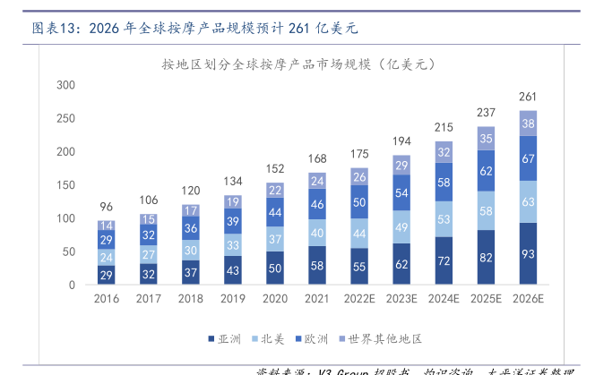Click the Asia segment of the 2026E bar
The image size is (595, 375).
click(528, 254)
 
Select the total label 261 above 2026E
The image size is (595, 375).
click(528, 97)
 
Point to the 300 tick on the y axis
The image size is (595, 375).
click(65, 85)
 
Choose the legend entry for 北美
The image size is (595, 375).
click(270, 338)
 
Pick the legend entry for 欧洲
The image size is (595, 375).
click(313, 338)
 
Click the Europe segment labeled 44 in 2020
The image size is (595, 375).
click(275, 213)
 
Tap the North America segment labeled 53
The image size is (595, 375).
click(444, 219)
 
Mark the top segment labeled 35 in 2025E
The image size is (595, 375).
click(486, 138)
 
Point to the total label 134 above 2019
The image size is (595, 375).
click(233, 181)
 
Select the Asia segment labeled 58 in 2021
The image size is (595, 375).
click(317, 266)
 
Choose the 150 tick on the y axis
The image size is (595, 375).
click(65, 185)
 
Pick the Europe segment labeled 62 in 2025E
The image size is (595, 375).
click(486, 170)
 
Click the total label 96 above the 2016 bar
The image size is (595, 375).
click(106, 206)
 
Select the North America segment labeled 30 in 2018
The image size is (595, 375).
click(191, 251)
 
